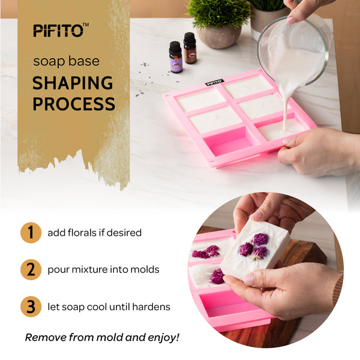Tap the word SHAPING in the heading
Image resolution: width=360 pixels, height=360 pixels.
point(73,83)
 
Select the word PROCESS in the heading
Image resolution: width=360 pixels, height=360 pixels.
point(74,104)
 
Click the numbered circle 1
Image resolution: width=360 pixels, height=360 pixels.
point(31,233)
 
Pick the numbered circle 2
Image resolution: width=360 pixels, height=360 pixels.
point(31,269)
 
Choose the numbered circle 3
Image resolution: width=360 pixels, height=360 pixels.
point(31,307)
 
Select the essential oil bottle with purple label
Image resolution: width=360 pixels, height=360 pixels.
point(176,57)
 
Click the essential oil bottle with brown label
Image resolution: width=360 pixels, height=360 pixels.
point(190,48)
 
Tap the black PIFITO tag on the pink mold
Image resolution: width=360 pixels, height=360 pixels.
point(214,82)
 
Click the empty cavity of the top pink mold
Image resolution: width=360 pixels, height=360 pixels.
point(228,141)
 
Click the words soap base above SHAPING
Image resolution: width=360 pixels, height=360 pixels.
point(67,62)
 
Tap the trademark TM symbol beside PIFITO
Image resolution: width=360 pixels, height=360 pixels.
point(86,25)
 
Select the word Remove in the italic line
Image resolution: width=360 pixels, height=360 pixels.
point(46,337)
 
